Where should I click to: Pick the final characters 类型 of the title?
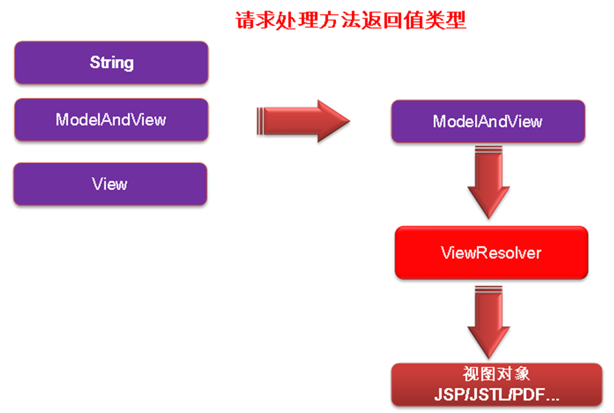coord(447,21)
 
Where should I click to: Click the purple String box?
coord(111,63)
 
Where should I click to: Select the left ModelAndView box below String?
coord(111,119)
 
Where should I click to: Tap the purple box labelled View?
coord(110,184)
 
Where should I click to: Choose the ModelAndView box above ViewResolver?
coord(487,121)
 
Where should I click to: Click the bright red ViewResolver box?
coord(491,253)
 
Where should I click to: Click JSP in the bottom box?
coord(448,393)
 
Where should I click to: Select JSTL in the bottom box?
coord(485,393)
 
